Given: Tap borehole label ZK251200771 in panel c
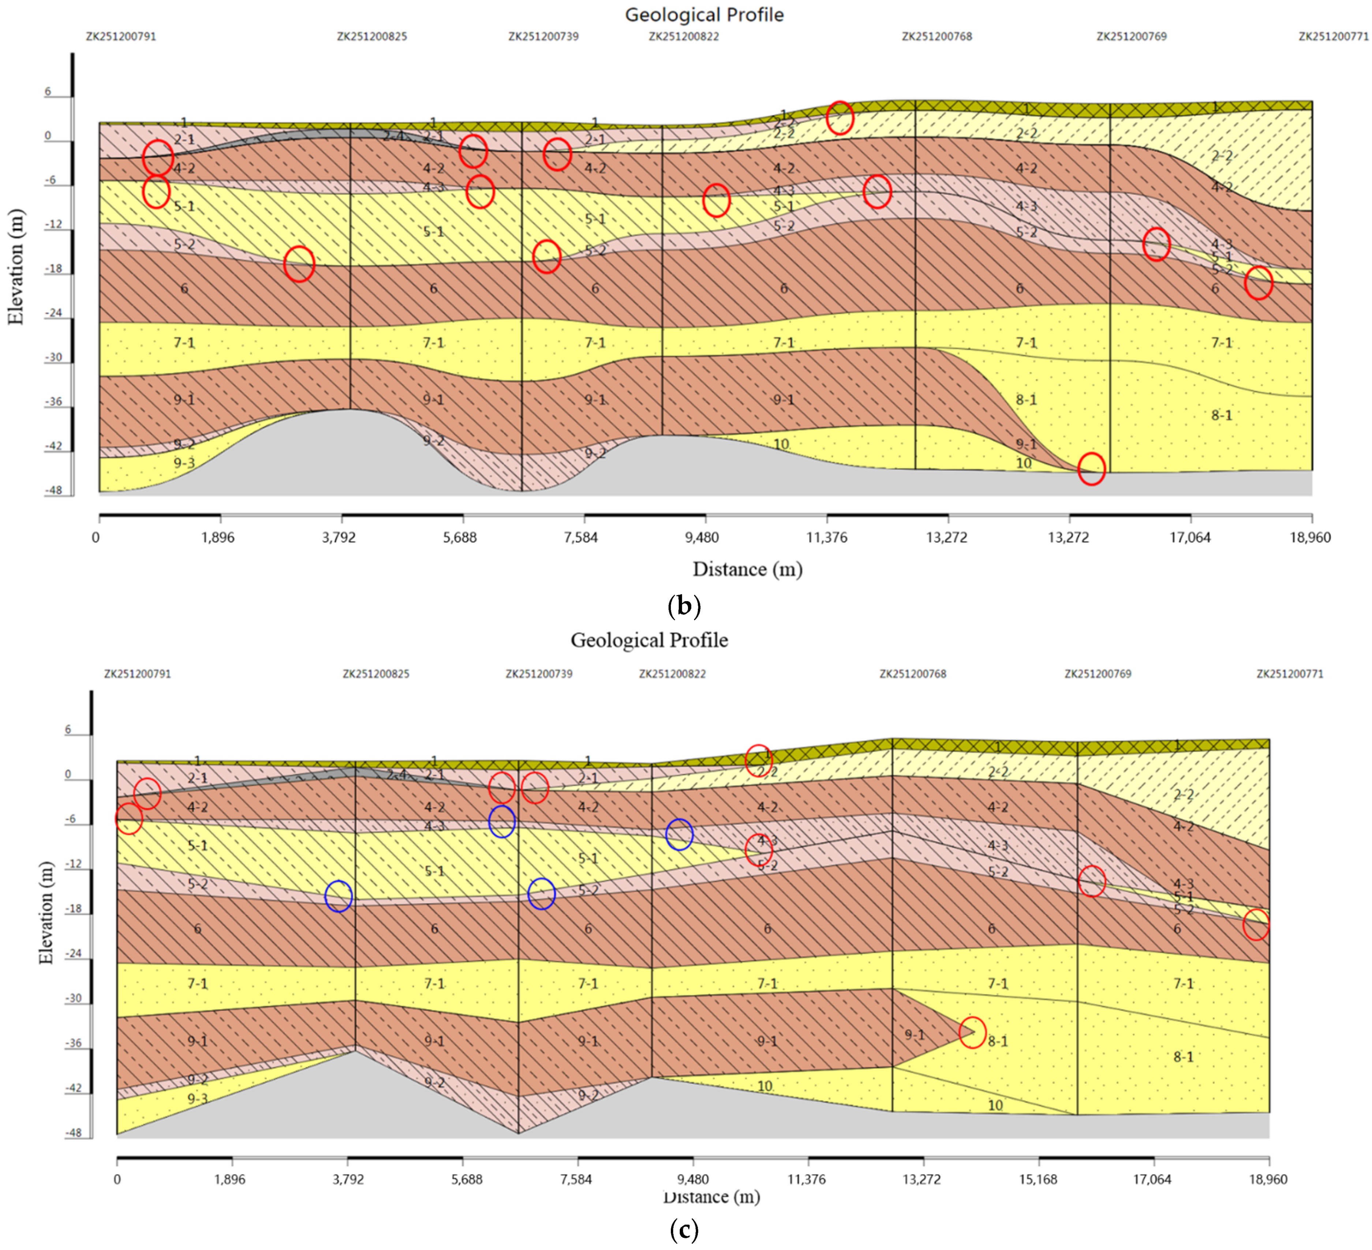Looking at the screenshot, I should tap(1290, 674).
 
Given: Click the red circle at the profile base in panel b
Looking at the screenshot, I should tap(1091, 469).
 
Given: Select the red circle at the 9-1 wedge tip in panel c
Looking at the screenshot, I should tap(972, 1032).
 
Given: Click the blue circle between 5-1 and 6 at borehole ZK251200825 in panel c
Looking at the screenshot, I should tap(338, 896).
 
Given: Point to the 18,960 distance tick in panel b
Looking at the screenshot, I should tap(1310, 538).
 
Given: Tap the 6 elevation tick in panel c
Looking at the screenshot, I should tap(68, 729).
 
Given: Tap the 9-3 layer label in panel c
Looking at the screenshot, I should tap(197, 1098).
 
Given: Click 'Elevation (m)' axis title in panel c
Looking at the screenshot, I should tap(46, 913).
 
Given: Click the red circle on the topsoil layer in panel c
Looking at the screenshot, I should tap(758, 760).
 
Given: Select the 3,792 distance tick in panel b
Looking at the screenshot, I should tap(338, 538).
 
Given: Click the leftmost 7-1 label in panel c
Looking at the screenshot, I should tap(197, 983).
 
